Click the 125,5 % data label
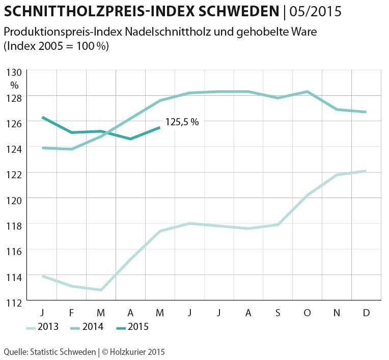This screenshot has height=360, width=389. click(182, 123)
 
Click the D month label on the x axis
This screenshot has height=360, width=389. click(366, 312)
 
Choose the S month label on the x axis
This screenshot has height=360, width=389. click(277, 312)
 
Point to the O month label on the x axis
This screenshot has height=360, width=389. click(307, 312)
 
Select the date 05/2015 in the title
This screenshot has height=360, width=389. click(316, 11)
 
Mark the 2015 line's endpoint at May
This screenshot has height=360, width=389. click(160, 127)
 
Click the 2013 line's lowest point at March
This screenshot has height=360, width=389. click(101, 290)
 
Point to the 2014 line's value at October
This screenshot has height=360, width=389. click(307, 92)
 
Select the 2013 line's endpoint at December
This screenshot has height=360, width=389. click(366, 171)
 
